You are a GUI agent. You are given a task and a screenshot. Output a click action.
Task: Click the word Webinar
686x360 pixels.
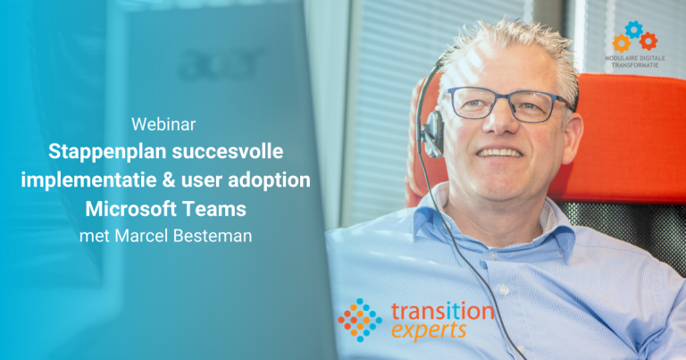pyautogui.click(x=163, y=124)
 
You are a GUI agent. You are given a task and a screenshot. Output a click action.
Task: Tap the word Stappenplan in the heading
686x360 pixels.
pyautogui.click(x=107, y=152)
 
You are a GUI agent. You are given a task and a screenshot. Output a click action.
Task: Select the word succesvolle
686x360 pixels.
pyautogui.click(x=228, y=151)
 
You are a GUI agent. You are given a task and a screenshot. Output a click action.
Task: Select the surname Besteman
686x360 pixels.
pyautogui.click(x=213, y=236)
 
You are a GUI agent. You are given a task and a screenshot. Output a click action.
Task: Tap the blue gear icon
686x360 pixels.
pyautogui.click(x=634, y=29)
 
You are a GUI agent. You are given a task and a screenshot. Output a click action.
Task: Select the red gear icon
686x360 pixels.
pyautogui.click(x=648, y=41)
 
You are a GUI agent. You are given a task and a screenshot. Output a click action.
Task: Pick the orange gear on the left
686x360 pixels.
pyautogui.click(x=622, y=43)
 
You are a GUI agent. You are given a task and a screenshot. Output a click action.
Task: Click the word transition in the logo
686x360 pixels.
pyautogui.click(x=442, y=312)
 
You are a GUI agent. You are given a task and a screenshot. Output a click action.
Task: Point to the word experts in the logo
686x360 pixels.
pyautogui.click(x=429, y=331)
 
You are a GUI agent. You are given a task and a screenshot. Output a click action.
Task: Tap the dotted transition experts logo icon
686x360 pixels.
pyautogui.click(x=360, y=320)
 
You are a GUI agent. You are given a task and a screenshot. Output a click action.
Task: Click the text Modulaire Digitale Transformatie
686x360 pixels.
pyautogui.click(x=635, y=62)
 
